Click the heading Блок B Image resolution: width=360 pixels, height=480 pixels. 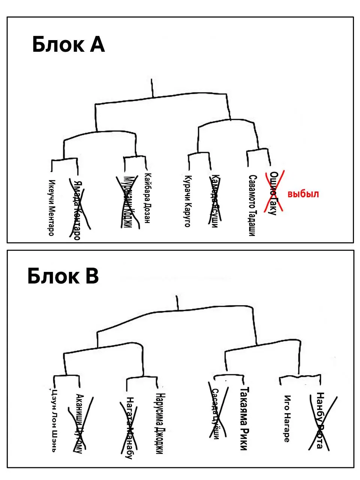point(63,277)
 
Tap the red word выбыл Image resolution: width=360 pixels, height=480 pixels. point(303,194)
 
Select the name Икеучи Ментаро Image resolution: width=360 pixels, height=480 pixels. point(52,207)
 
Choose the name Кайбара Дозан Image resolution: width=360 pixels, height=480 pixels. point(147,198)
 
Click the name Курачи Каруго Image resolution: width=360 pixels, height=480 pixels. point(188,201)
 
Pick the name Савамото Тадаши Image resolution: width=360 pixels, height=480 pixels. point(252,205)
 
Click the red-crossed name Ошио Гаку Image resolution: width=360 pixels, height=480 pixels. point(273,193)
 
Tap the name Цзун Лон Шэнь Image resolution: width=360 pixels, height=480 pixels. point(55,420)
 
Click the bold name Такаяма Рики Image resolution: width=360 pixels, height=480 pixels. point(244,418)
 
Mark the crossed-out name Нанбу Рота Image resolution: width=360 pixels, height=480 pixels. point(320,420)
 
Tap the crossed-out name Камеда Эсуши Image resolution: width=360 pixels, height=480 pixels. point(214,201)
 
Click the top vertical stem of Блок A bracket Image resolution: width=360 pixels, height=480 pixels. point(152,88)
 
